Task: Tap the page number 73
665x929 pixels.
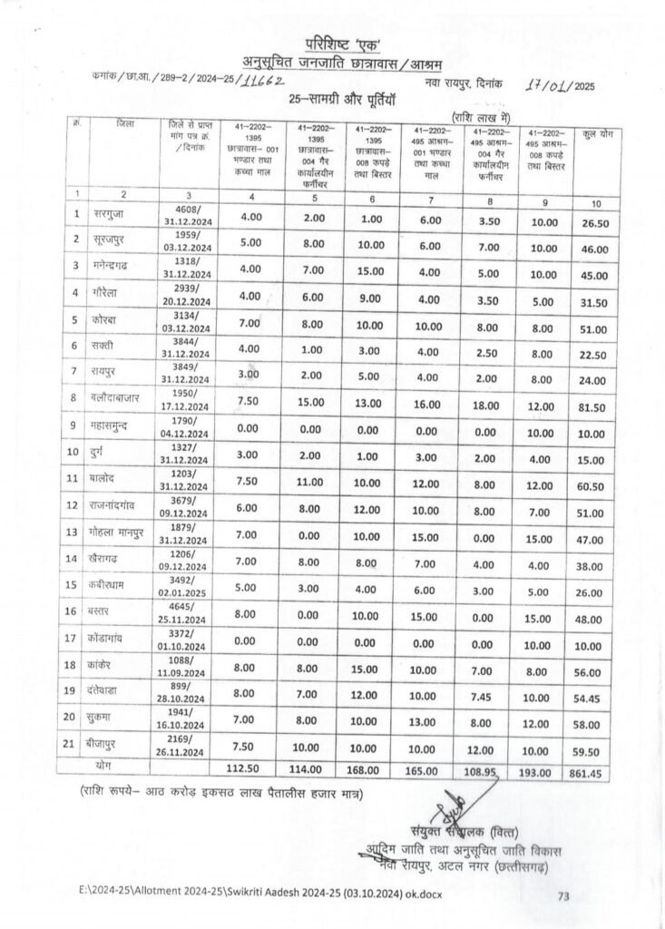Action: pyautogui.click(x=563, y=896)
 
